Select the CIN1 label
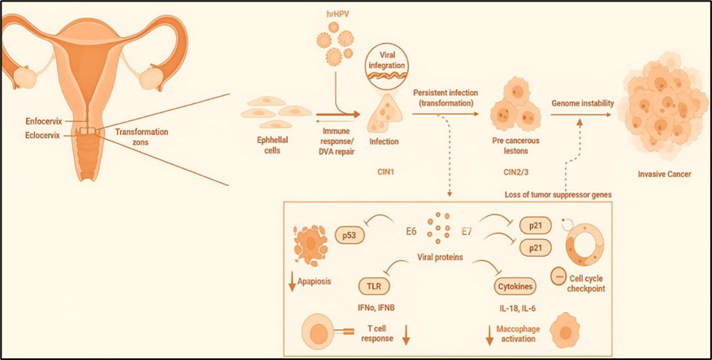tap(381, 171)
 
